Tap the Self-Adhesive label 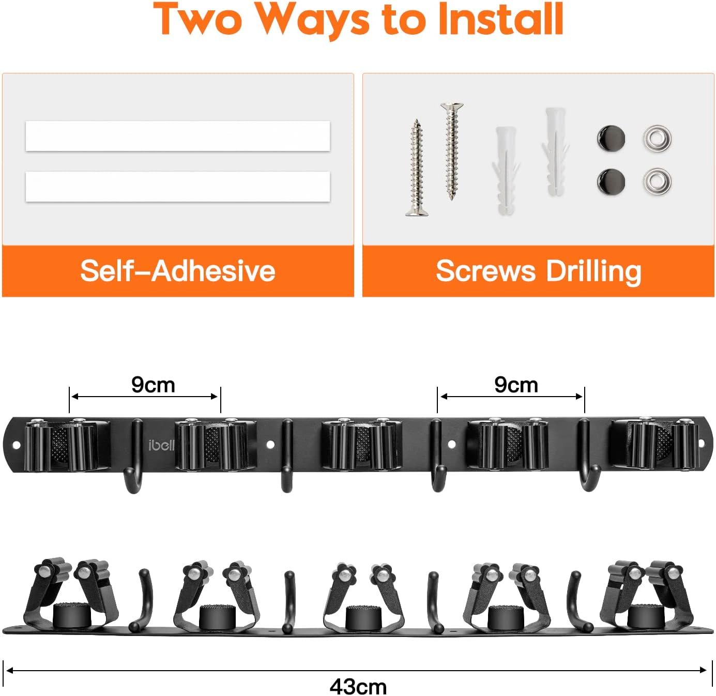pos(178,271)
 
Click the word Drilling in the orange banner pos(593,272)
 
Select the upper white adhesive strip pos(178,136)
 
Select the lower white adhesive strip pos(178,187)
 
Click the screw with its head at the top pos(452,151)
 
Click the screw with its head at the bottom pos(417,168)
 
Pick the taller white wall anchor pos(555,152)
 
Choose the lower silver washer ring pos(657,181)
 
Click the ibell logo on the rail pos(161,445)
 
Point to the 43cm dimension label pos(358,686)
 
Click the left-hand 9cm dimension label pos(153,385)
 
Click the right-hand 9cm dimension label pos(516,385)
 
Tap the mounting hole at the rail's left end pos(16,445)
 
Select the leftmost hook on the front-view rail pos(133,456)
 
